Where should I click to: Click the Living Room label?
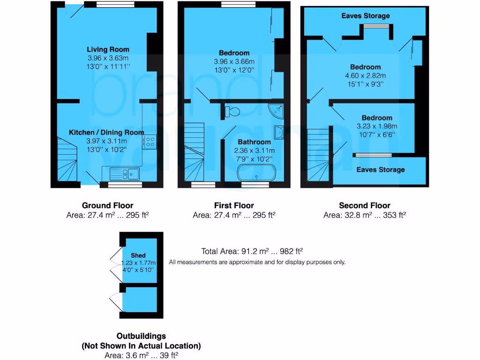(x=108, y=49)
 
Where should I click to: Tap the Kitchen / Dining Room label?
(x=107, y=133)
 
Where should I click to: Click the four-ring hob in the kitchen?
(x=151, y=141)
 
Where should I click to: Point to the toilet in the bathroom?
(x=232, y=112)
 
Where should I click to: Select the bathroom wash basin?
(x=279, y=133)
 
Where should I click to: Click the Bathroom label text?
(x=254, y=142)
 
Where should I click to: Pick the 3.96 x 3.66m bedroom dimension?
(x=234, y=61)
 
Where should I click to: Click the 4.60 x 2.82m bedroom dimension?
(x=365, y=75)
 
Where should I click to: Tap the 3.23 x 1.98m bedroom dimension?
(x=377, y=126)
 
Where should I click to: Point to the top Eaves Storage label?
(x=366, y=16)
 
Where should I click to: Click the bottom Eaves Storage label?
(x=380, y=170)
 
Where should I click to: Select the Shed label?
(x=138, y=255)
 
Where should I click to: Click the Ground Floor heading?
(x=107, y=205)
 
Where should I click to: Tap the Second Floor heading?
(x=364, y=205)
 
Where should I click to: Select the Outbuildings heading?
(x=141, y=336)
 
